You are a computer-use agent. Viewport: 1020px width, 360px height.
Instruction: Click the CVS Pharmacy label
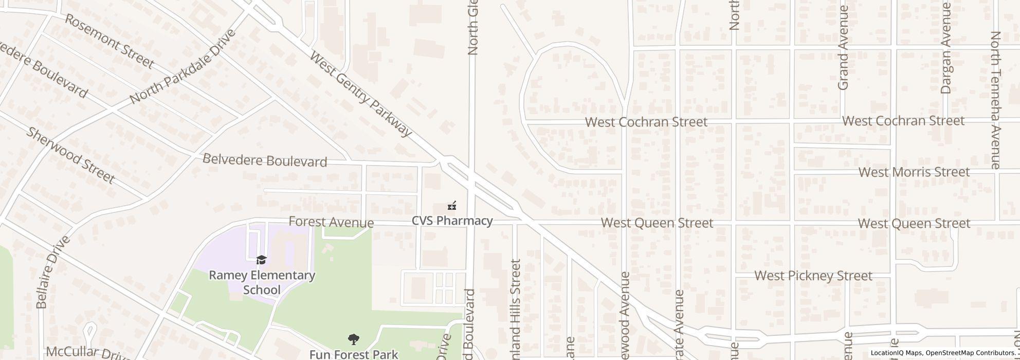452,221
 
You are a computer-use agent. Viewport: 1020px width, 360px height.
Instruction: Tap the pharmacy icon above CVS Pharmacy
452,206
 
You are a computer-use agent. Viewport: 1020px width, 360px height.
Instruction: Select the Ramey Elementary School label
262,282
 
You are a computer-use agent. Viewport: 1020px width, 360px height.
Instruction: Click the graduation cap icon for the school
261,260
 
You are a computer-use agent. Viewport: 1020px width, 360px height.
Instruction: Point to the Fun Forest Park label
354,354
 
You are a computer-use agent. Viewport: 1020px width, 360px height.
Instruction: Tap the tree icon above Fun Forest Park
354,339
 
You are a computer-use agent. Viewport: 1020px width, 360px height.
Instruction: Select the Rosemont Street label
109,42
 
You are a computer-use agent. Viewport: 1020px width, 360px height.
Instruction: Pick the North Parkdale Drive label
183,66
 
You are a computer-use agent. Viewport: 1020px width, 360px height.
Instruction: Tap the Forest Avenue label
331,222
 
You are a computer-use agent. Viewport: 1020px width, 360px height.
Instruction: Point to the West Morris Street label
914,172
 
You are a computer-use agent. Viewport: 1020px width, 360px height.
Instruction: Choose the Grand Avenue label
843,49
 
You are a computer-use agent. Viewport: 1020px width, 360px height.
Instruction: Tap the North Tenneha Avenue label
995,100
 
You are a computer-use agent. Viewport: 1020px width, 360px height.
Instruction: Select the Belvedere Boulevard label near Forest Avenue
265,160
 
